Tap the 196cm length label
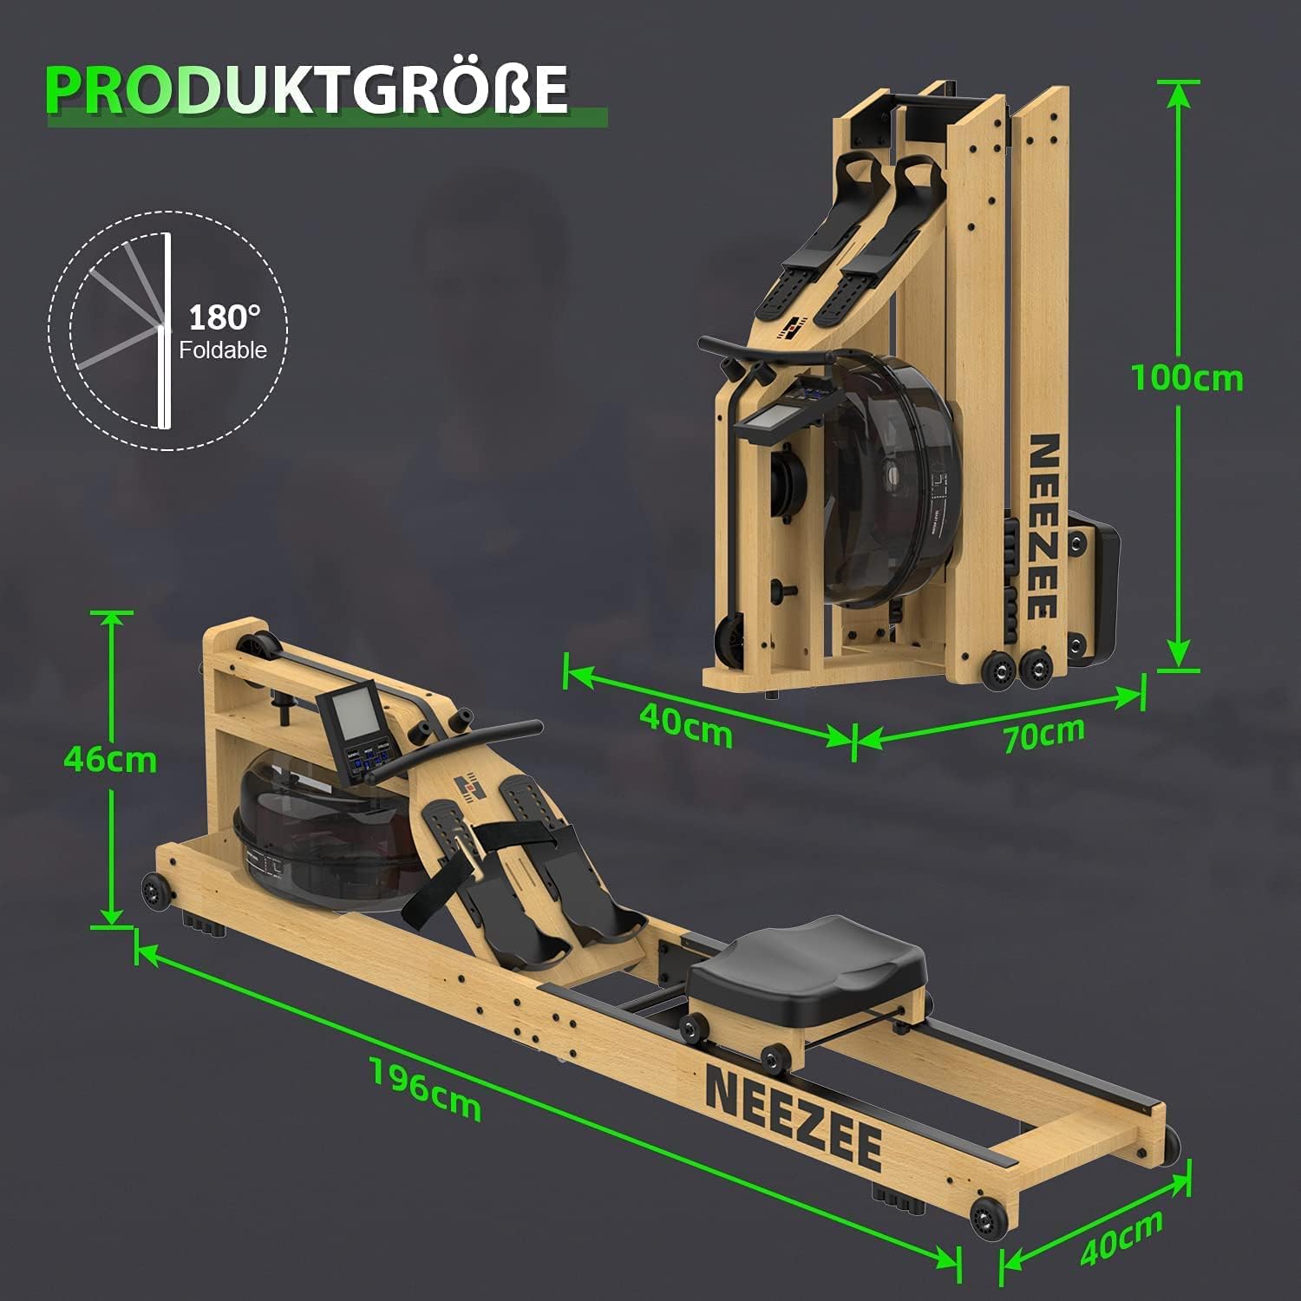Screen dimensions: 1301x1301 pyautogui.click(x=425, y=1089)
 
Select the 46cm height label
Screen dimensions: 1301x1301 pyautogui.click(x=110, y=760)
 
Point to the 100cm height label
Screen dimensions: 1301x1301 pyautogui.click(x=1187, y=378)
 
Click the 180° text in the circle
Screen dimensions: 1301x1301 pyautogui.click(x=225, y=317)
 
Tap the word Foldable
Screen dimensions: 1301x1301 pyautogui.click(x=223, y=350)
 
